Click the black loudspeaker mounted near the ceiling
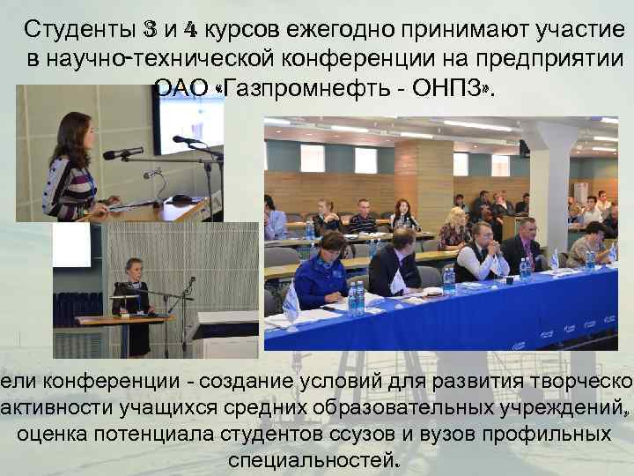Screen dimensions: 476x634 [x=524, y=147]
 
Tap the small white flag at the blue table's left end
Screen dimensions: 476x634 [x=291, y=304]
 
